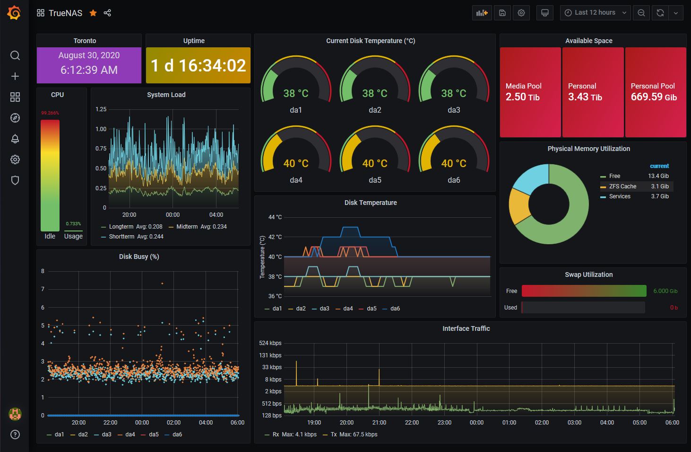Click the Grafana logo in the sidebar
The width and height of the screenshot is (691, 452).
tap(14, 13)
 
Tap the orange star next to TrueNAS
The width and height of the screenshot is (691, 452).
tap(93, 13)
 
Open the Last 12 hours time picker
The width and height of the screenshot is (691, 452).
tap(595, 13)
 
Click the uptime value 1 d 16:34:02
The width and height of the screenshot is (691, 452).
tap(198, 65)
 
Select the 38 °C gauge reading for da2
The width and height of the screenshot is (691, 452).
tap(374, 93)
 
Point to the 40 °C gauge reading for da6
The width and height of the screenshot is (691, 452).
tap(453, 163)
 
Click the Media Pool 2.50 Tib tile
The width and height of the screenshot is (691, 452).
tap(530, 92)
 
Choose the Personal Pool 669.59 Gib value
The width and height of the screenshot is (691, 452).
tap(654, 97)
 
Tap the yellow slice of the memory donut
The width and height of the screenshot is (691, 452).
tap(518, 205)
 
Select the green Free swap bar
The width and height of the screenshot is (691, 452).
tap(584, 291)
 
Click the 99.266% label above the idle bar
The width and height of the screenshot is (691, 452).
tap(50, 113)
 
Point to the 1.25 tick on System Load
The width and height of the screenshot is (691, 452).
tap(101, 109)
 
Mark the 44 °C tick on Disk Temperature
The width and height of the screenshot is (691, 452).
tap(275, 217)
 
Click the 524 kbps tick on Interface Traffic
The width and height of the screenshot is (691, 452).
tap(270, 343)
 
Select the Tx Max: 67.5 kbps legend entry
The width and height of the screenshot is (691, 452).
tap(350, 434)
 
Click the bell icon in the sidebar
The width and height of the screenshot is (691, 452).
tap(15, 139)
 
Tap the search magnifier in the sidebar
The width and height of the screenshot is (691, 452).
tap(15, 55)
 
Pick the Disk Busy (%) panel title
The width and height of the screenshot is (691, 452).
tap(139, 257)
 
